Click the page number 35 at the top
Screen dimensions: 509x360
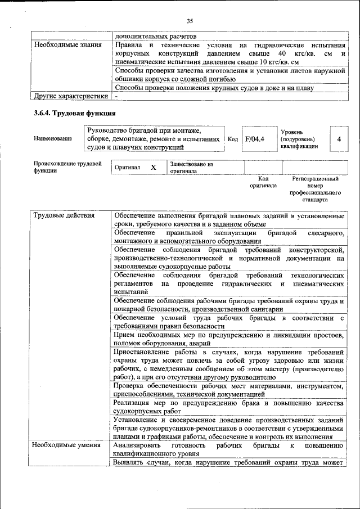pos(190,21)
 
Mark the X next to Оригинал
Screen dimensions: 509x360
pos(153,168)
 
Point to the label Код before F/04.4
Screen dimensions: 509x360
pos(232,139)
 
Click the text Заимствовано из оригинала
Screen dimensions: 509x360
pos(191,168)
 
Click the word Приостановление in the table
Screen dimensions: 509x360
pos(138,352)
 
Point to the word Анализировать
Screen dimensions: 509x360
pos(138,445)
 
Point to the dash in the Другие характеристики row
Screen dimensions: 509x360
pos(116,96)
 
